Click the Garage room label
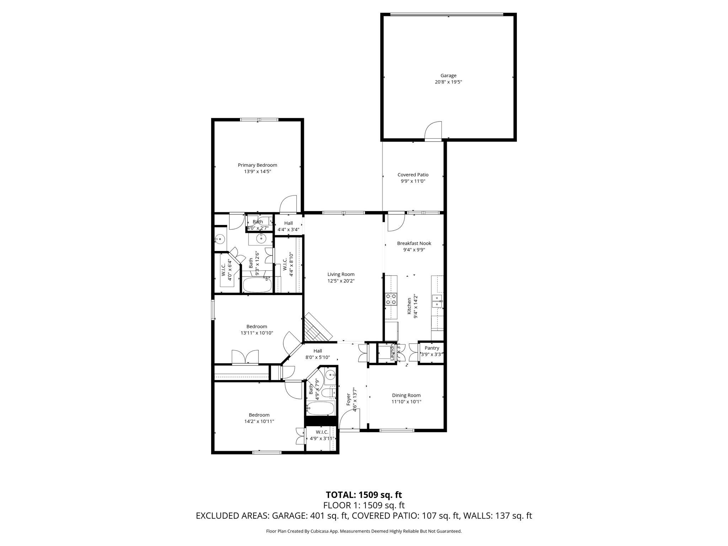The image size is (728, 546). [x=448, y=75]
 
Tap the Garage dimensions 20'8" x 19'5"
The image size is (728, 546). [x=448, y=82]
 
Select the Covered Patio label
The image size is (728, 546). [x=413, y=175]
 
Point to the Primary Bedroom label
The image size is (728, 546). [x=257, y=165]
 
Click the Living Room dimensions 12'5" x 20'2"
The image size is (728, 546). [x=341, y=281]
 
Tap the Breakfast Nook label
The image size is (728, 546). [x=414, y=243]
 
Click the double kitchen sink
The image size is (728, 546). [x=437, y=301]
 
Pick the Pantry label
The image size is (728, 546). [x=432, y=348]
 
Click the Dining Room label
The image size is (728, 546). [x=406, y=395]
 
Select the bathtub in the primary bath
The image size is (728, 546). [x=257, y=285]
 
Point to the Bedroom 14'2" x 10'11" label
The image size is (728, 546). [x=259, y=415]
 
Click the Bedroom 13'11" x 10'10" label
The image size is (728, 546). [x=257, y=326]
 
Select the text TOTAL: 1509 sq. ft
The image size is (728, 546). [x=364, y=494]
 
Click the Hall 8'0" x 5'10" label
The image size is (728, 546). [x=317, y=351]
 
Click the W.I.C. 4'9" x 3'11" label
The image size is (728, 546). [x=322, y=432]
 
